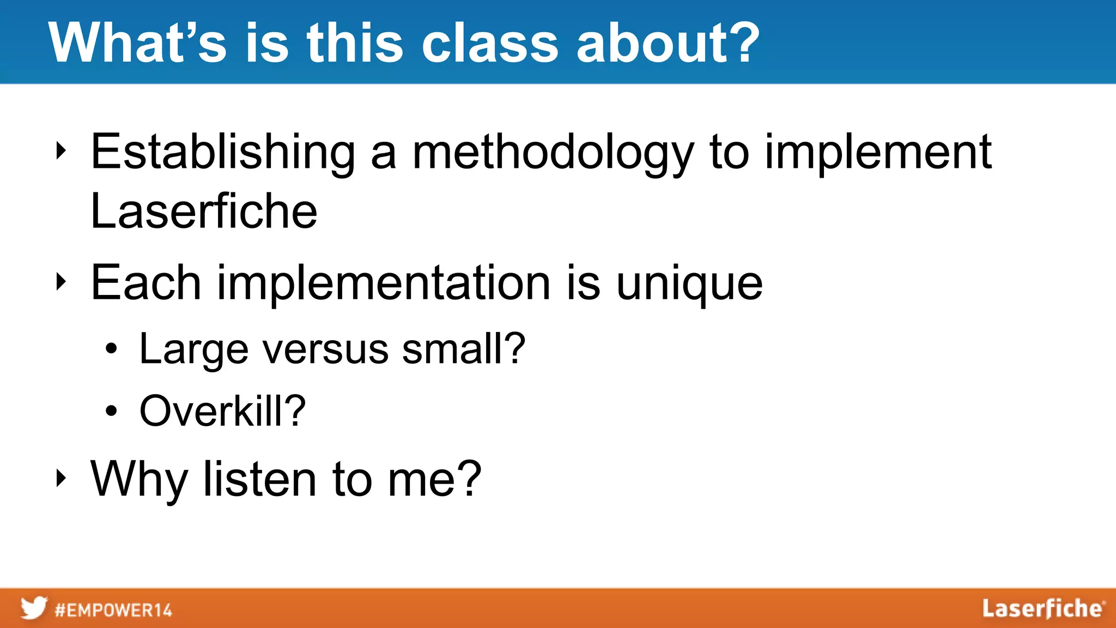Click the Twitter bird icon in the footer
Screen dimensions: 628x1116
34,608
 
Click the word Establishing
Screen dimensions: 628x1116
222,153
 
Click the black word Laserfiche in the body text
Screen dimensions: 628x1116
203,212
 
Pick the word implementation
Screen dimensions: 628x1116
384,283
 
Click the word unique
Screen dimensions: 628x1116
689,283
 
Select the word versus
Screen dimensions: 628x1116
325,349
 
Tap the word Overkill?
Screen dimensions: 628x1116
222,411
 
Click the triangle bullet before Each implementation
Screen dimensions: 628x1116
60,282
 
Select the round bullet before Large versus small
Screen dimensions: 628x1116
111,349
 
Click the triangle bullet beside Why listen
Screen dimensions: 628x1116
60,478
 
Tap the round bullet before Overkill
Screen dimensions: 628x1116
111,412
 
